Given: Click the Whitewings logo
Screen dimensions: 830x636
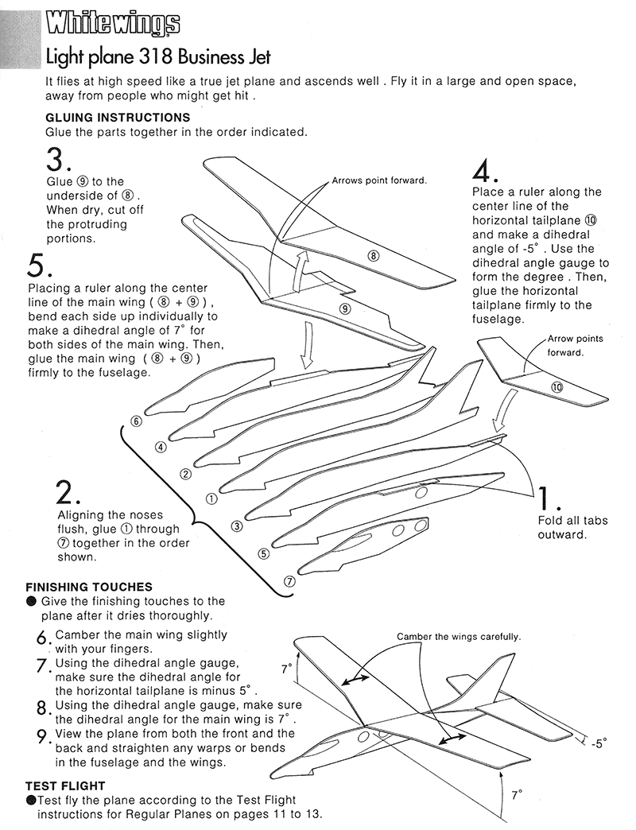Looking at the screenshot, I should pos(113,25).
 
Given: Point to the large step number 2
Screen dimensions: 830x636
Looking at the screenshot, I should pos(68,493).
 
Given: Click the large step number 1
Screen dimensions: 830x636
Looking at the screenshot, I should pos(549,498).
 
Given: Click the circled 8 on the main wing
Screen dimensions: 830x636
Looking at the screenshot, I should pos(374,255).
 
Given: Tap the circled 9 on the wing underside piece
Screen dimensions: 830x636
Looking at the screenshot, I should pos(345,309).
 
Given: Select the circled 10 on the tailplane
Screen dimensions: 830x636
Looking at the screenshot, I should pos(556,387).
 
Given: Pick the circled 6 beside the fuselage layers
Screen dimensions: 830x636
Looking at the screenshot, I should pos(137,421).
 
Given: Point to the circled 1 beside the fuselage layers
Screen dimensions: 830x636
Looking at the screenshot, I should pos(211,499).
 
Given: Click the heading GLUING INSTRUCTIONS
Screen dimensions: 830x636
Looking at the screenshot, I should pos(118,118).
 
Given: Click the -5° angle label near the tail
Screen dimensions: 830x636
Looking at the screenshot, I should pos(599,743).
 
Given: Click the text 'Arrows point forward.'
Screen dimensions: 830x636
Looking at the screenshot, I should pos(379,180).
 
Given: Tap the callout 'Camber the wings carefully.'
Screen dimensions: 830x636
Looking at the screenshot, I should pos(459,637).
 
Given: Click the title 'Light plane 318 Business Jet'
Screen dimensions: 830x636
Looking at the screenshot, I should pos(158,57).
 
